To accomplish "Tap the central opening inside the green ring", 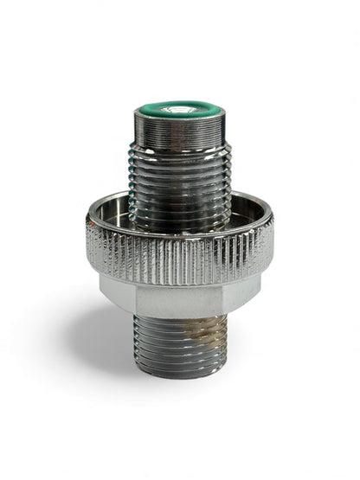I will (178, 111).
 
